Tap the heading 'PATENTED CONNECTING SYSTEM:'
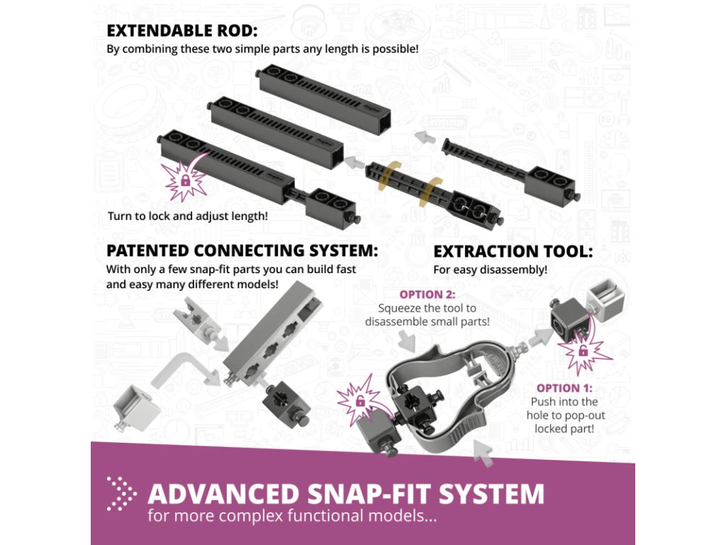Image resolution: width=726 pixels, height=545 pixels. click(x=242, y=251)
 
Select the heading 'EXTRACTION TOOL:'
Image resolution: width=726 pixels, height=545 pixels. click(x=513, y=251)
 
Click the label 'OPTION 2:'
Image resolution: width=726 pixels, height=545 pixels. click(x=427, y=294)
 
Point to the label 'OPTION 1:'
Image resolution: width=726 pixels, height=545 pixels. click(x=564, y=388)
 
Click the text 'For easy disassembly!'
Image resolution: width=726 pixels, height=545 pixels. click(x=490, y=270)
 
